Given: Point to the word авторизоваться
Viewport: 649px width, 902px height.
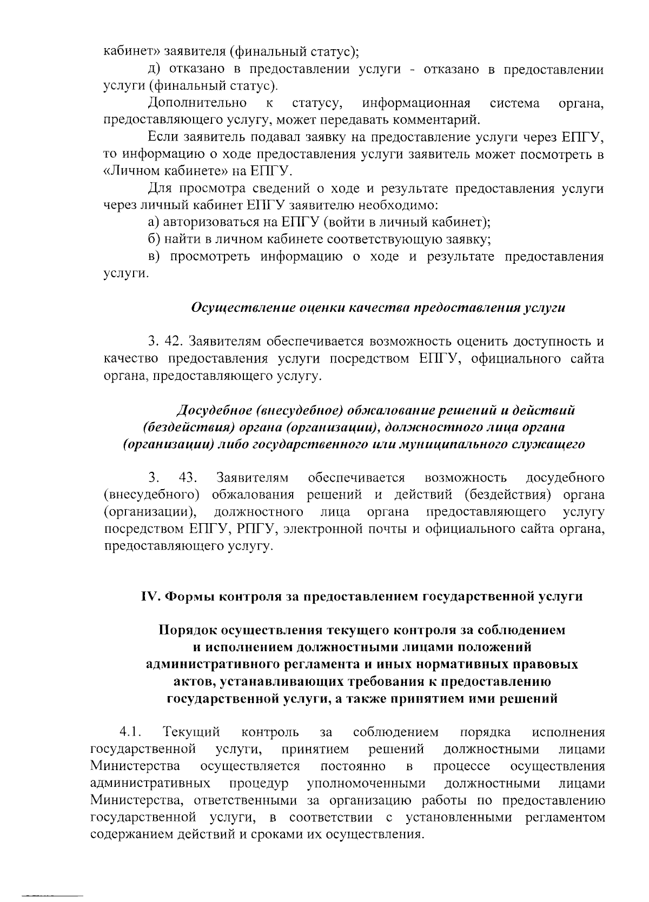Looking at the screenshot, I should pos(211,222).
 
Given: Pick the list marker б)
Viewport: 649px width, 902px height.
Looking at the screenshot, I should pos(155,239).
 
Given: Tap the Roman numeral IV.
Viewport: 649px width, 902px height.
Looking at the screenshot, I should pos(149,596).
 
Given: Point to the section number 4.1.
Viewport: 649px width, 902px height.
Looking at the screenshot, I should pos(130,733).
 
